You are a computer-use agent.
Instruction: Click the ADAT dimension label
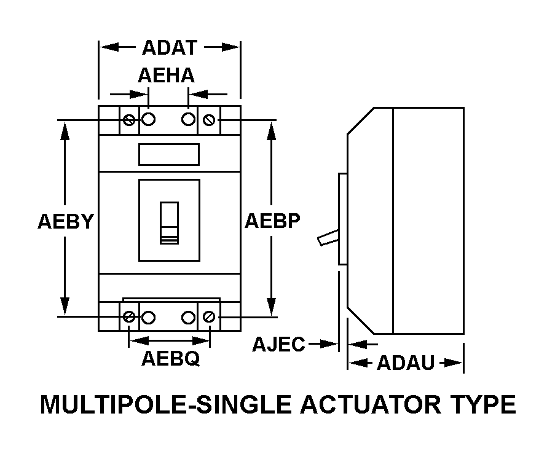pos(170,48)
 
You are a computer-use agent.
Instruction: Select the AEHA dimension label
pos(167,76)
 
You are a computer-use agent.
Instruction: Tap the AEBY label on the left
pos(66,221)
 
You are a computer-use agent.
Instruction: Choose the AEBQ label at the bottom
pos(171,359)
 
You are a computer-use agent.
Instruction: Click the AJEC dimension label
pos(278,344)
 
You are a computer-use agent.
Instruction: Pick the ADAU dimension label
pos(406,363)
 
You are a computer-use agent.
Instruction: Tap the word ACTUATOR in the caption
pos(371,404)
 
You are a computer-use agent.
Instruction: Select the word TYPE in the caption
pos(483,404)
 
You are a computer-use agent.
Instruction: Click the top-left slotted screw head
pos(129,120)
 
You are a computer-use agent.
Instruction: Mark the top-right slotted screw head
pos(209,120)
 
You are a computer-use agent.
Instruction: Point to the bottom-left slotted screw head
pos(129,316)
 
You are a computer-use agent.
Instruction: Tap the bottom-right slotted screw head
pos(209,316)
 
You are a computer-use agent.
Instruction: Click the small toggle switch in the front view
pos(169,223)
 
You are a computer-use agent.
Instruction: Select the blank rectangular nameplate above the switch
pos(169,154)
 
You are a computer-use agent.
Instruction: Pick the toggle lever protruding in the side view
pos(328,237)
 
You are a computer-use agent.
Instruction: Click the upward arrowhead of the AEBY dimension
pos(65,131)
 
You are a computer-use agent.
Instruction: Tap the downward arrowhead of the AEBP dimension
pos(272,305)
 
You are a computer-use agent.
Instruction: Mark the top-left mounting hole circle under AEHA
pos(148,119)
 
